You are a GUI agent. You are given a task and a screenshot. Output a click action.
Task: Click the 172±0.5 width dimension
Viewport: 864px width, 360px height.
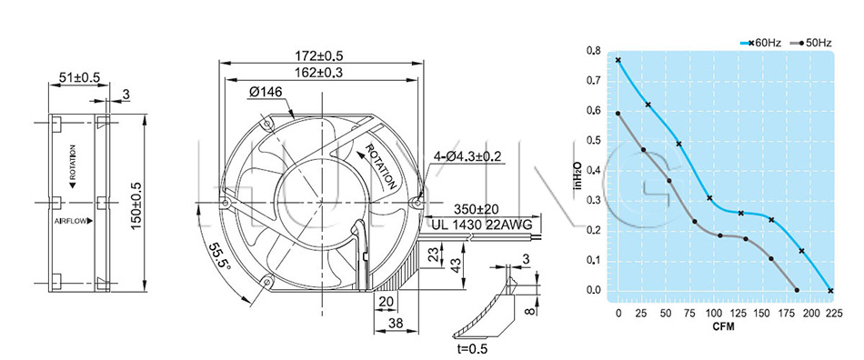(319, 55)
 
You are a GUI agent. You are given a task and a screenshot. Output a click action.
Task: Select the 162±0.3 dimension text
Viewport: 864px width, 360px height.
(319, 72)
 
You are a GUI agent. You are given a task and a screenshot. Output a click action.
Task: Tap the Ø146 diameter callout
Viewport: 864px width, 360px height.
(266, 93)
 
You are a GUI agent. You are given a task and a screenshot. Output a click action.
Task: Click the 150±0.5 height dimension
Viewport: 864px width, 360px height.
(137, 202)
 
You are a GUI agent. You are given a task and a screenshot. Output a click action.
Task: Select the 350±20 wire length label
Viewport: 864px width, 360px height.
(478, 209)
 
